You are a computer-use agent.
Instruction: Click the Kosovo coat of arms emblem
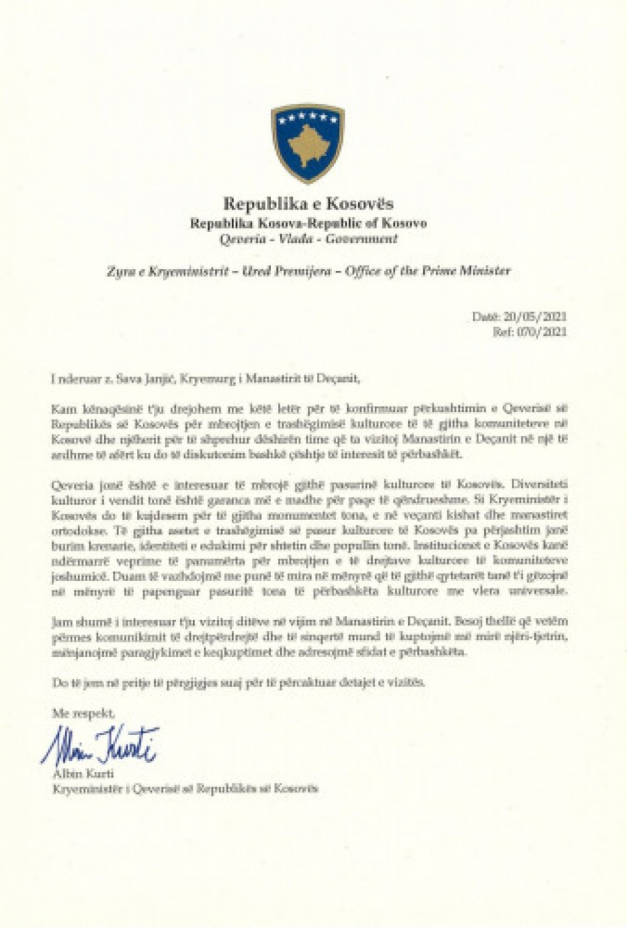(308, 142)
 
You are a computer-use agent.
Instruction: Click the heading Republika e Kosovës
(308, 203)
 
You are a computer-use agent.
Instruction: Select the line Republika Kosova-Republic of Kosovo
(308, 223)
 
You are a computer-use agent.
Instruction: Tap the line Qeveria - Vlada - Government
(308, 239)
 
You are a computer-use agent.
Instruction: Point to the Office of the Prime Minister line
(308, 271)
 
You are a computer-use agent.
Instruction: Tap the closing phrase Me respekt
(83, 713)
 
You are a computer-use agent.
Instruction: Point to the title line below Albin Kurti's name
(185, 789)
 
